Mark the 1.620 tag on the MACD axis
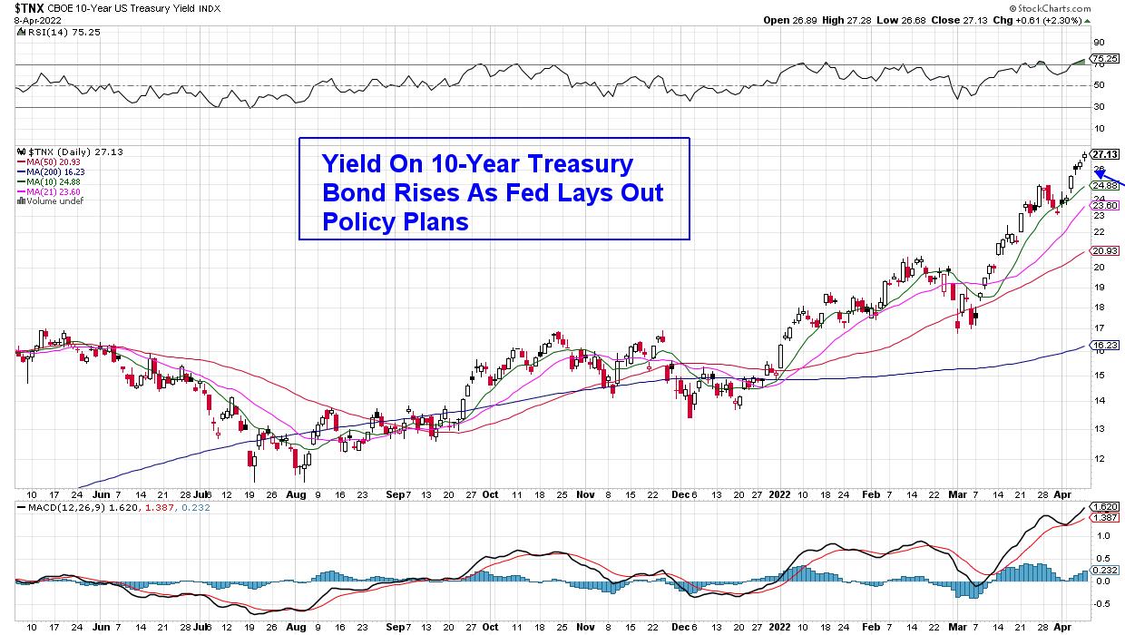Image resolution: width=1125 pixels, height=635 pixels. (1104, 507)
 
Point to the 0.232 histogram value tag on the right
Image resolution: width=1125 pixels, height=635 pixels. (1104, 569)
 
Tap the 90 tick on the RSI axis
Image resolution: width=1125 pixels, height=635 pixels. (1097, 42)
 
